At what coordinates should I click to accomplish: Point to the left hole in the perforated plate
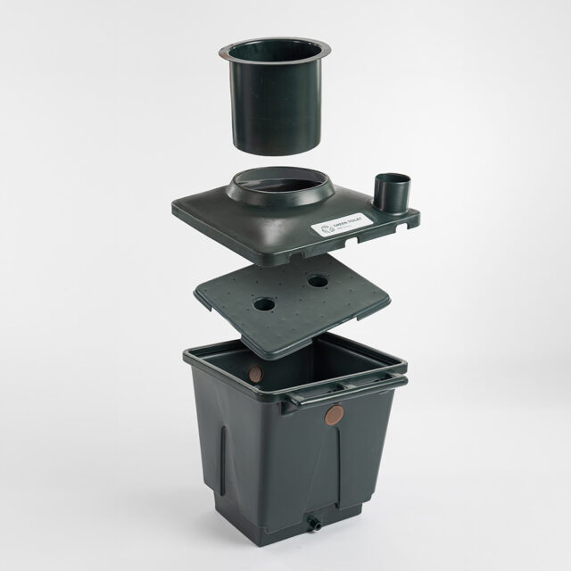click(264, 304)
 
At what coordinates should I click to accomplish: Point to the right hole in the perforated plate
click(318, 280)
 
